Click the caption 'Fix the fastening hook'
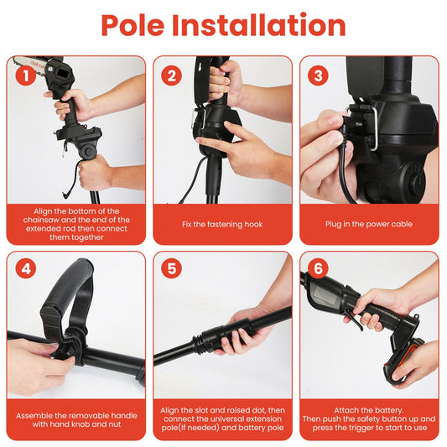pos(222,224)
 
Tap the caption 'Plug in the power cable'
pos(369,224)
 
